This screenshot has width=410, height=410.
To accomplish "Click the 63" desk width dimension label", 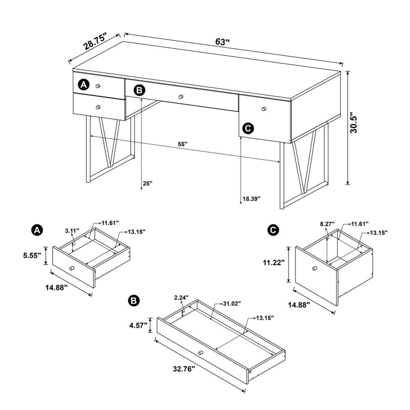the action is pyautogui.click(x=223, y=42).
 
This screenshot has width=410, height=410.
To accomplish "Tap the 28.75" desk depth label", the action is pyautogui.click(x=95, y=41).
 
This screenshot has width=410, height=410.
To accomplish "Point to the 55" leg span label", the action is pyautogui.click(x=183, y=144).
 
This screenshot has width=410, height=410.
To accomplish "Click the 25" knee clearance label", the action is pyautogui.click(x=148, y=183).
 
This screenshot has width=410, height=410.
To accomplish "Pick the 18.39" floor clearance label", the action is pyautogui.click(x=252, y=199).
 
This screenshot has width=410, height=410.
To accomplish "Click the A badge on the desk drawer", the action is pyautogui.click(x=84, y=85).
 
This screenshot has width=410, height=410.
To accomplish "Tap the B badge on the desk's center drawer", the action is pyautogui.click(x=139, y=91).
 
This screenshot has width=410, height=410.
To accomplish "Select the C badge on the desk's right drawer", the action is pyautogui.click(x=248, y=128).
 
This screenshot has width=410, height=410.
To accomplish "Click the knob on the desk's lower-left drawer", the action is pyautogui.click(x=98, y=107).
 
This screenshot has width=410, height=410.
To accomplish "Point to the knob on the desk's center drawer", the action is pyautogui.click(x=181, y=97).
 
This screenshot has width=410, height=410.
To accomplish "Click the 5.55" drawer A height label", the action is pyautogui.click(x=32, y=255).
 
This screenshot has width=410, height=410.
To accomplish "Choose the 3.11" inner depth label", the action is pyautogui.click(x=72, y=230).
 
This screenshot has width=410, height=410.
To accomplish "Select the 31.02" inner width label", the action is pyautogui.click(x=232, y=303).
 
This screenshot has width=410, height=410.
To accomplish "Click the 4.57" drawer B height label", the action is pyautogui.click(x=138, y=326).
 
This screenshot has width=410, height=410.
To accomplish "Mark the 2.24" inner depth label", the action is pyautogui.click(x=182, y=297).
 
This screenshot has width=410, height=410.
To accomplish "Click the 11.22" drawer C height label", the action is pyautogui.click(x=274, y=262).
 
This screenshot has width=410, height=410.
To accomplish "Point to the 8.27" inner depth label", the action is pyautogui.click(x=327, y=224).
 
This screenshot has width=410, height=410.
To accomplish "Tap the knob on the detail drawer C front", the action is pyautogui.click(x=315, y=268).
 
